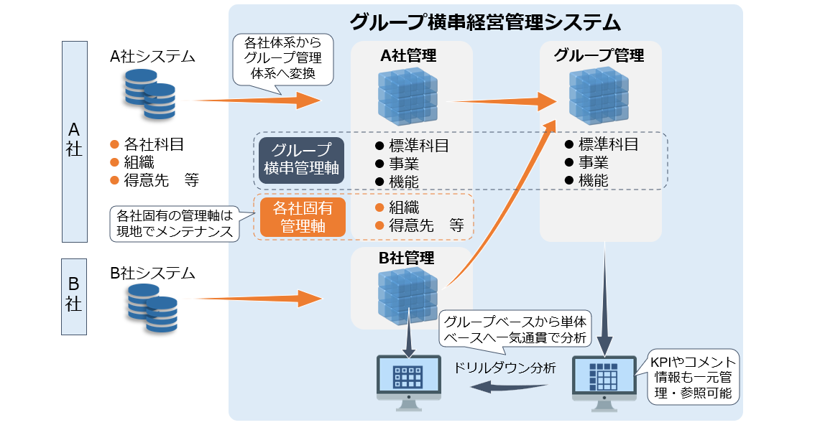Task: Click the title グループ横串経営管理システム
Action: click(x=485, y=22)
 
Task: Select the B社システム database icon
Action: click(x=152, y=308)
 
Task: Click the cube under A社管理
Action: click(x=408, y=96)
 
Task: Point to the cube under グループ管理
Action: click(x=599, y=95)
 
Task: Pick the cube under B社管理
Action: click(x=408, y=296)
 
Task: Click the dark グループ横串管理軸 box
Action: click(x=302, y=160)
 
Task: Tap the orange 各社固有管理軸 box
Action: click(x=303, y=218)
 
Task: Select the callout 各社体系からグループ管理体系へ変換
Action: click(x=283, y=60)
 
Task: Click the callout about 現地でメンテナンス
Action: click(x=175, y=223)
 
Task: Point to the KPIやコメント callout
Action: click(x=693, y=377)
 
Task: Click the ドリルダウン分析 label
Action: click(x=504, y=368)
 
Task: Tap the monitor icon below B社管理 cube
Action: click(x=409, y=382)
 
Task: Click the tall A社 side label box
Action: click(x=74, y=141)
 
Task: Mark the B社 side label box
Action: click(x=74, y=296)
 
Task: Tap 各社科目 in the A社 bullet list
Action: click(x=153, y=144)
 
